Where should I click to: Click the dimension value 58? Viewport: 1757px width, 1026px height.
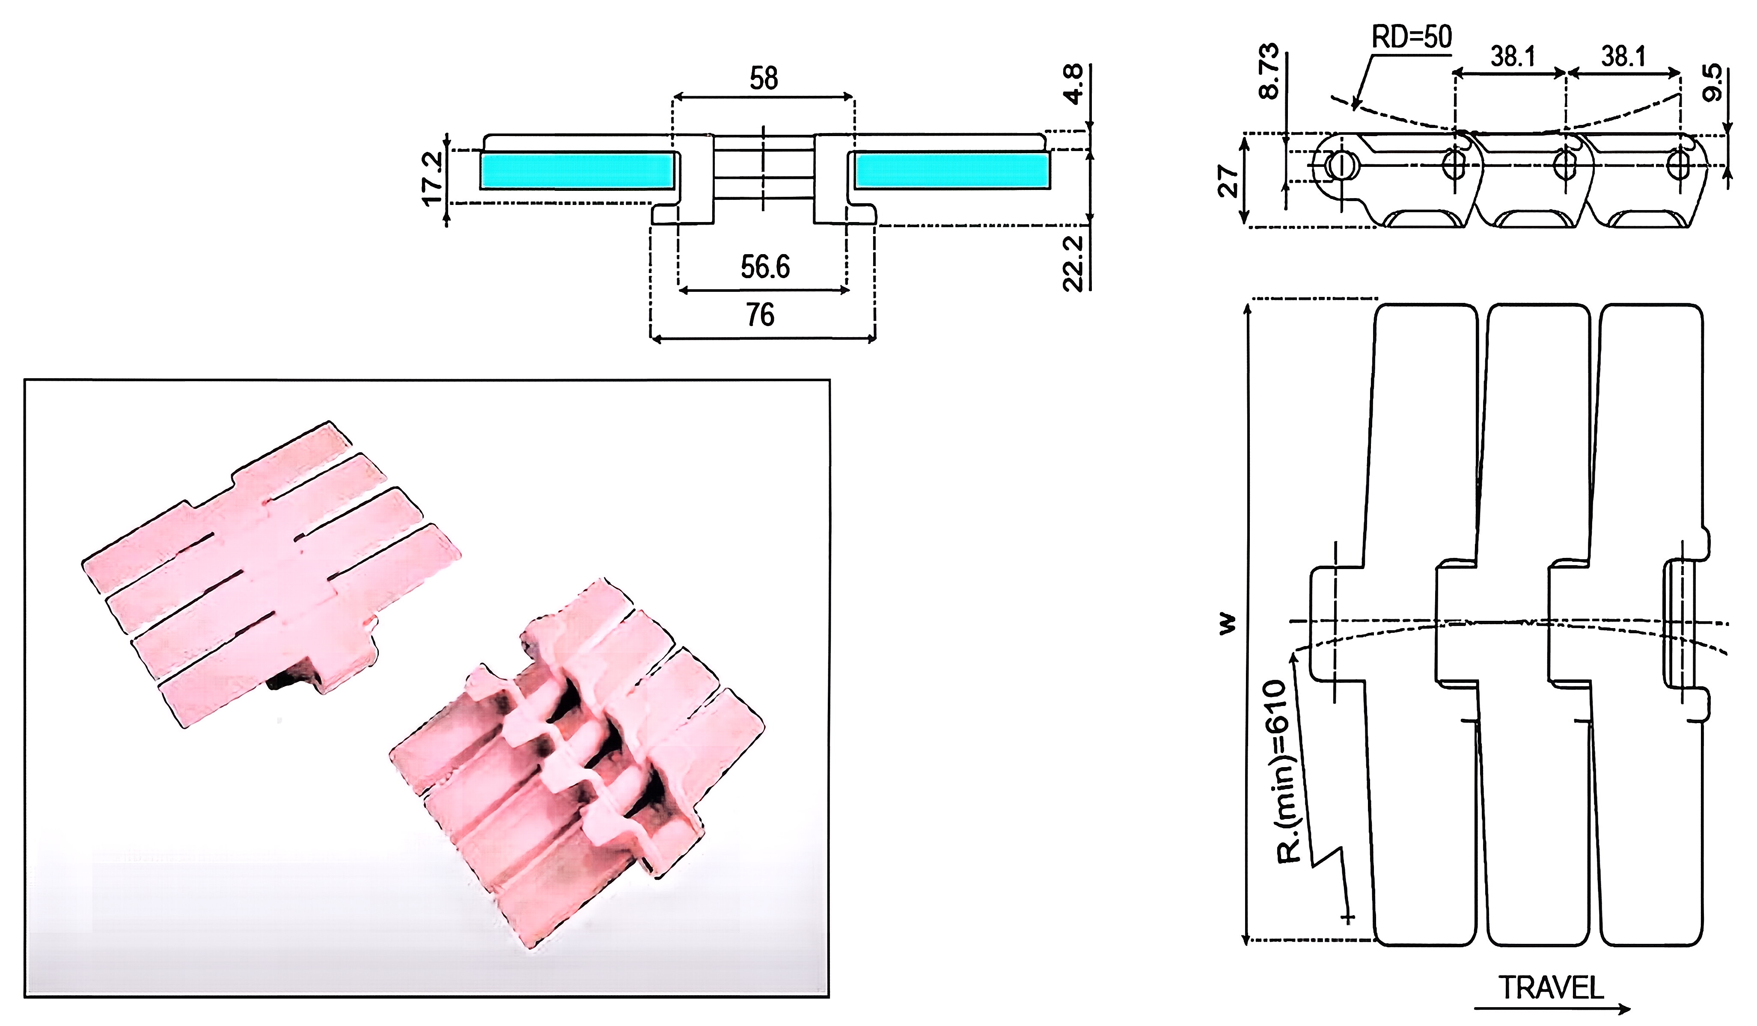[764, 78]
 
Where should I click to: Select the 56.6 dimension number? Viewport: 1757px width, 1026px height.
[765, 267]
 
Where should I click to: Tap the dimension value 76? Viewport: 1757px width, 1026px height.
[760, 315]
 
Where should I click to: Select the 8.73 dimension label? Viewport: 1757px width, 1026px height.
[1269, 71]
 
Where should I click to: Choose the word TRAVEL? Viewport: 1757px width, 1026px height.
[1551, 987]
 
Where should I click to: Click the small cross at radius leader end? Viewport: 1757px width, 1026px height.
[1348, 918]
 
